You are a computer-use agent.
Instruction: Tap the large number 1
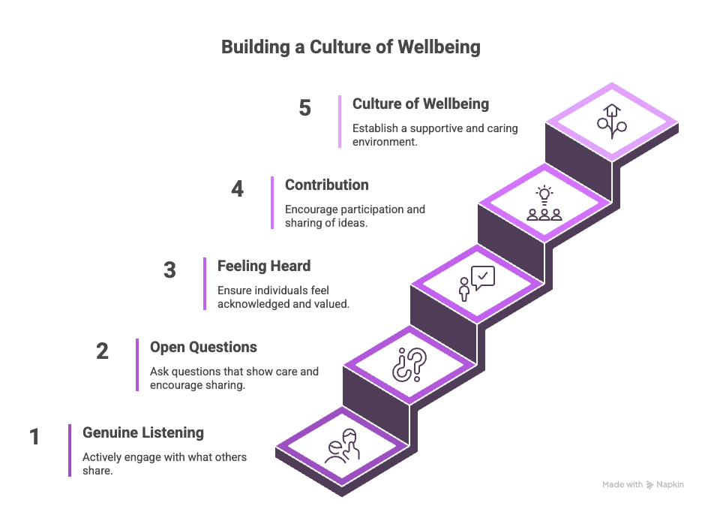coord(34,437)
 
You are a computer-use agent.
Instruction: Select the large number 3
coord(169,270)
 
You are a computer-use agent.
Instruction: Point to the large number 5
coord(304,108)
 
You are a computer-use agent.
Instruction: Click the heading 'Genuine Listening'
coord(142,433)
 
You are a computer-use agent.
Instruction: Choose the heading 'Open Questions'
coord(203,348)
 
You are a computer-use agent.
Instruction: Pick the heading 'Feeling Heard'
coord(263,266)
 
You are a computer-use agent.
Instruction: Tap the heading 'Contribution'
coord(326,185)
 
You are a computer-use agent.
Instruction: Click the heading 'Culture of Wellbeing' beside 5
coord(420,104)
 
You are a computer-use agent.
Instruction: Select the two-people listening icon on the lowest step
coord(343,447)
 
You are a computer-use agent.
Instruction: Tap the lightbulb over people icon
coord(544,203)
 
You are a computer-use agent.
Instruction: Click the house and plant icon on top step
coord(611,120)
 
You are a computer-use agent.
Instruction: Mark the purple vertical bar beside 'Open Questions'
coord(137,365)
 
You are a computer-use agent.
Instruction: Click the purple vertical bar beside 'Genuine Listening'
coord(70,450)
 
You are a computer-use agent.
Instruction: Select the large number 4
coord(237,189)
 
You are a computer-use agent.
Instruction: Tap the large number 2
coord(102,351)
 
